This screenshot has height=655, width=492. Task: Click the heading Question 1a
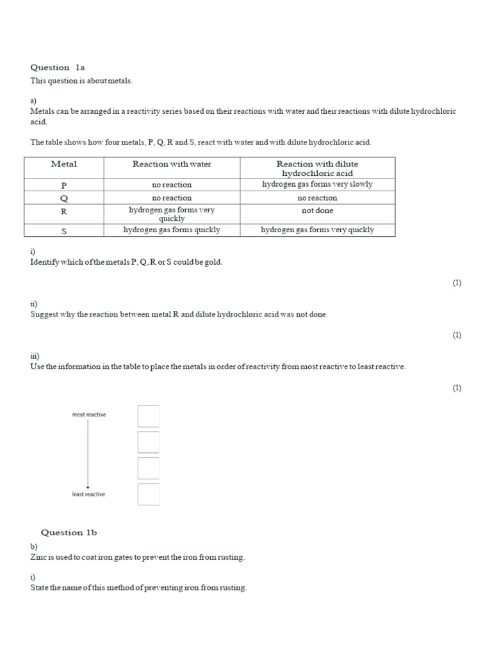58,67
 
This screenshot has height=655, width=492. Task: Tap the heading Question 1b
69,532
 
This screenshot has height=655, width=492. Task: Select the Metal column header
64,164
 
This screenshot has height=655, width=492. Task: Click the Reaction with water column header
172,164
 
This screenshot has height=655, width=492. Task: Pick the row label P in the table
64,185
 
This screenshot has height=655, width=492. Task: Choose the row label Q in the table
64,198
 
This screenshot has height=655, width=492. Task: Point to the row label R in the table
64,212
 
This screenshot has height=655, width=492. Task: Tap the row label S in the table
64,231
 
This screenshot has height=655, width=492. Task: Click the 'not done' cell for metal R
317,210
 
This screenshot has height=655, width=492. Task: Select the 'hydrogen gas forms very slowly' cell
317,184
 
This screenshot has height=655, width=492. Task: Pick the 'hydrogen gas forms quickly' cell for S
172,230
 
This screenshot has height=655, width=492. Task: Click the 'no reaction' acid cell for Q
317,198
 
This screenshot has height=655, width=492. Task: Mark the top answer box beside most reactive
149,416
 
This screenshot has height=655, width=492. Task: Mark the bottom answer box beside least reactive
149,494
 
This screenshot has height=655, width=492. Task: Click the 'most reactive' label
89,414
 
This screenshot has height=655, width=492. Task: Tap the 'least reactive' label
88,494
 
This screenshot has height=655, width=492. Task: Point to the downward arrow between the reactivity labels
88,454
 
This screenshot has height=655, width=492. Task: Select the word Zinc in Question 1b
39,557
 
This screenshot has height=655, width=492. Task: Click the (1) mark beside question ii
457,335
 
